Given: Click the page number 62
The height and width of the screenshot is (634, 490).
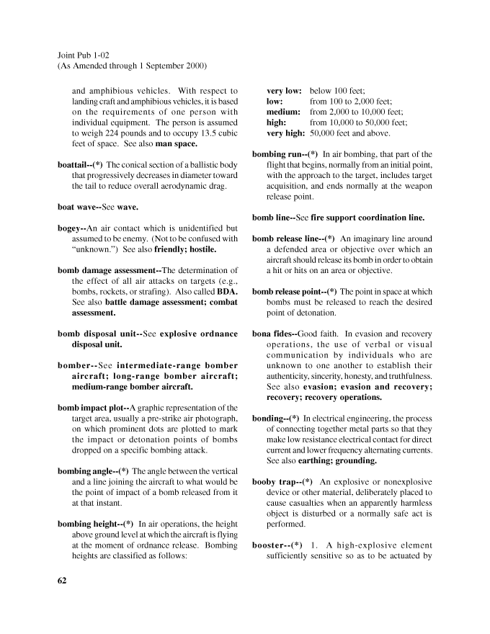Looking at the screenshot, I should click(x=63, y=579).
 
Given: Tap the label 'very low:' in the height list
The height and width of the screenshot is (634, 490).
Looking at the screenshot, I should click(x=284, y=91).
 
